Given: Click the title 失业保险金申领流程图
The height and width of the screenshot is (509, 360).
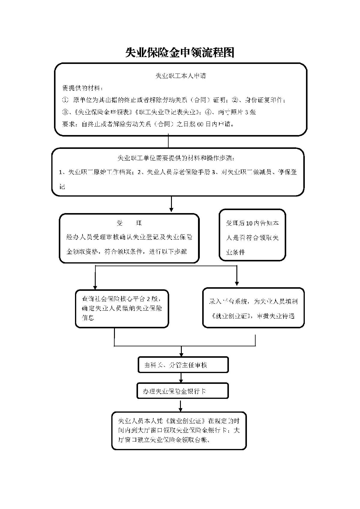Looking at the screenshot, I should pos(180,53).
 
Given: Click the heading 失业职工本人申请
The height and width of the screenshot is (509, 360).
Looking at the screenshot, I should pos(181,76).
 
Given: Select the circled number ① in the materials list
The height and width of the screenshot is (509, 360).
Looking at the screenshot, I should pos(65,100).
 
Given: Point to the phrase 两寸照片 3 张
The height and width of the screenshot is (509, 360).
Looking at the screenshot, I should pos(237,112).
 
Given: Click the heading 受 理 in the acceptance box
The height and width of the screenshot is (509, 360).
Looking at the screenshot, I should pos(129,223).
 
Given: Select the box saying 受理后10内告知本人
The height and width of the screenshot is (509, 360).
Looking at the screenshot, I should pos(252,235).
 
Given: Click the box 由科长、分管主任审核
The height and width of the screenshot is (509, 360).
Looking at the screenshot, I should pos(183,365).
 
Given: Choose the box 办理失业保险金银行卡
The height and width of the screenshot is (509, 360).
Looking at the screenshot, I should pos(182,391).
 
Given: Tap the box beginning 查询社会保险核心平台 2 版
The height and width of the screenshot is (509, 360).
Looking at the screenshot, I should pos(122,308).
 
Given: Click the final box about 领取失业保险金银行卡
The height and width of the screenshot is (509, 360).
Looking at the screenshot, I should pos(179,430).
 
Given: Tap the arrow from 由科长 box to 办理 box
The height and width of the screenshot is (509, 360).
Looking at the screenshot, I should pos(181,378).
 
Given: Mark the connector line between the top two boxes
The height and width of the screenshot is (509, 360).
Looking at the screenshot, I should pos(168,142).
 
